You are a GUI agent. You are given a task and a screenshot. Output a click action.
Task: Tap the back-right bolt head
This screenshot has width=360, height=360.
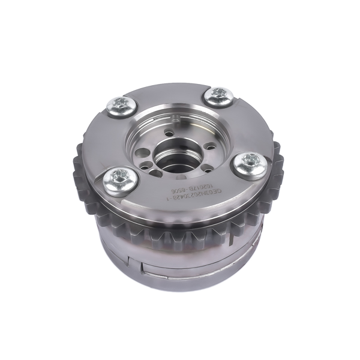click(219, 95)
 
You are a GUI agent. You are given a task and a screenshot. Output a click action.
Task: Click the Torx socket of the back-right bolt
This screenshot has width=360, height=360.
click(219, 94)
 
